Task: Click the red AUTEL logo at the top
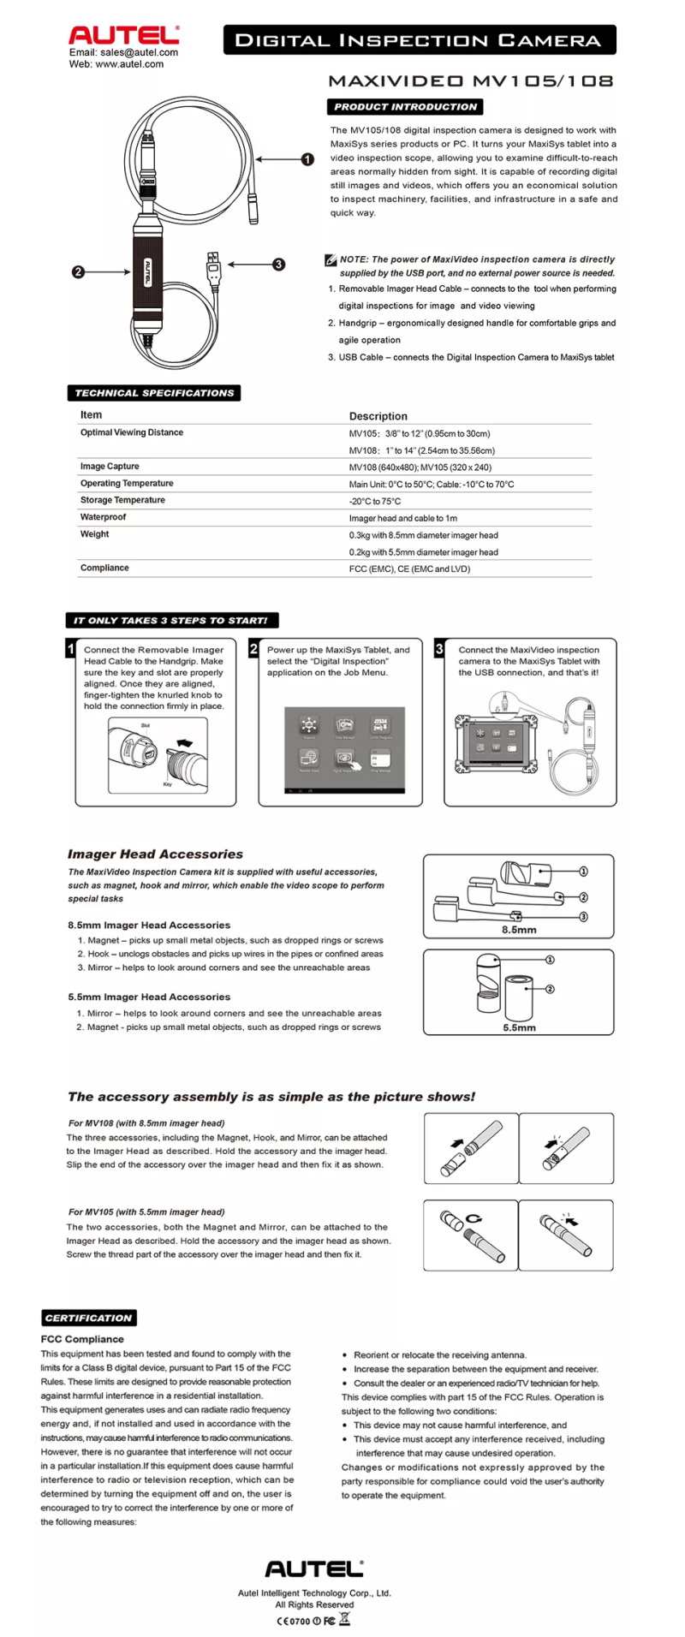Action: (x=123, y=35)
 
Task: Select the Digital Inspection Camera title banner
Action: (x=419, y=40)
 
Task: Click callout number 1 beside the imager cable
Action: (x=308, y=158)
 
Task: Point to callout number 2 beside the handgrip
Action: (x=78, y=272)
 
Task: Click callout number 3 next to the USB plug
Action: (x=279, y=265)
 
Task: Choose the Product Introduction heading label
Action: (x=405, y=107)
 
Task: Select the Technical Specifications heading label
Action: (x=154, y=393)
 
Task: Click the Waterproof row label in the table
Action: (x=103, y=517)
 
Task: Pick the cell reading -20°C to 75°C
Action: (x=375, y=502)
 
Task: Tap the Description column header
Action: (x=378, y=416)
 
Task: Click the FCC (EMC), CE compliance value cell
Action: (x=409, y=568)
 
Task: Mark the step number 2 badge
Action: (x=253, y=649)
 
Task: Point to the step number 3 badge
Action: (x=439, y=649)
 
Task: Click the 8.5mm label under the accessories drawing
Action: (x=519, y=929)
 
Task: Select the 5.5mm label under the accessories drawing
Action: (x=519, y=1027)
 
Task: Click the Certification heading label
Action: (x=88, y=1318)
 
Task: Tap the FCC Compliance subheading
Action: (x=82, y=1339)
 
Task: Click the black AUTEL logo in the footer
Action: (x=314, y=1569)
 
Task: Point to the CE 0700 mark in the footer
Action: (x=293, y=1621)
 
